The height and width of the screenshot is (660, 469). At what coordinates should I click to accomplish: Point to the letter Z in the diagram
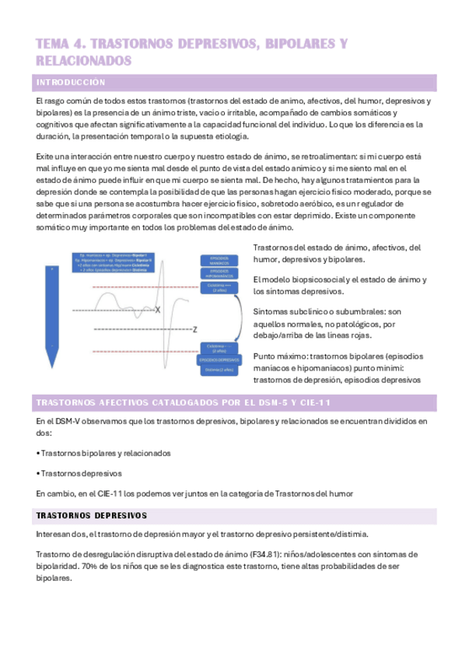(x=194, y=328)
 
